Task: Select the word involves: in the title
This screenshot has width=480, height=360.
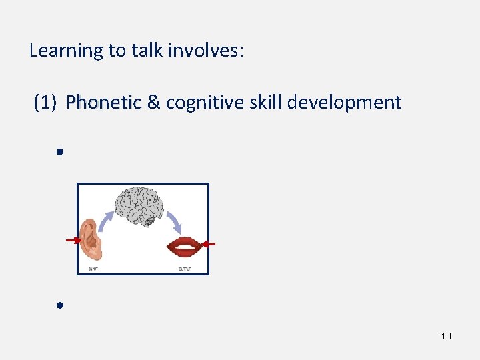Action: [x=206, y=51]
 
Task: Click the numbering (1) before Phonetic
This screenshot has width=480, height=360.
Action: [x=47, y=103]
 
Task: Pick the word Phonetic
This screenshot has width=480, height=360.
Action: [x=103, y=103]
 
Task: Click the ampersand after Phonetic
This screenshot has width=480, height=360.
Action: [x=153, y=103]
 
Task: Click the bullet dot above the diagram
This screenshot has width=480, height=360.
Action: [x=59, y=152]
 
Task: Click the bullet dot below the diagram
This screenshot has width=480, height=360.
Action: [x=59, y=305]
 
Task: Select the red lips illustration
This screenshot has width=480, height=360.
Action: [x=184, y=247]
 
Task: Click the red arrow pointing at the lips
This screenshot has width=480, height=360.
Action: [x=209, y=245]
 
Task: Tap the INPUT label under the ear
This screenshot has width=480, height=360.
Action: [x=95, y=269]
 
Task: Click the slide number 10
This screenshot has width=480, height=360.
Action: [x=446, y=336]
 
